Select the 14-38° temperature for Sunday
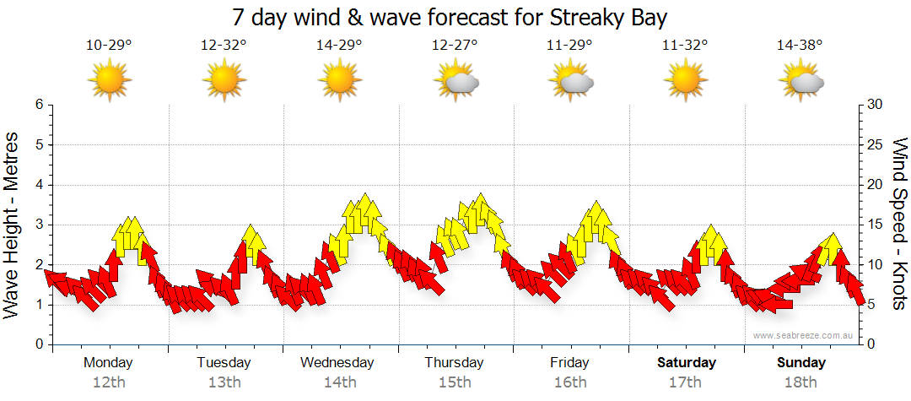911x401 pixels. click(x=800, y=46)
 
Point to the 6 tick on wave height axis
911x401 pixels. click(x=38, y=105)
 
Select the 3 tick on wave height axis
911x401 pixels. click(x=38, y=225)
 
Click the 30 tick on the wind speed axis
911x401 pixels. click(x=875, y=105)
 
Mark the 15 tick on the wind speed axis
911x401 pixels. click(x=875, y=225)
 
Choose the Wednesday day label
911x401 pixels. click(x=337, y=363)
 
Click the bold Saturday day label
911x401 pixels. click(x=686, y=363)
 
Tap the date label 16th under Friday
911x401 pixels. click(x=569, y=382)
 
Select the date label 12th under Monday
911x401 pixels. click(x=109, y=382)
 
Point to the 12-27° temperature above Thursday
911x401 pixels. click(x=455, y=46)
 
